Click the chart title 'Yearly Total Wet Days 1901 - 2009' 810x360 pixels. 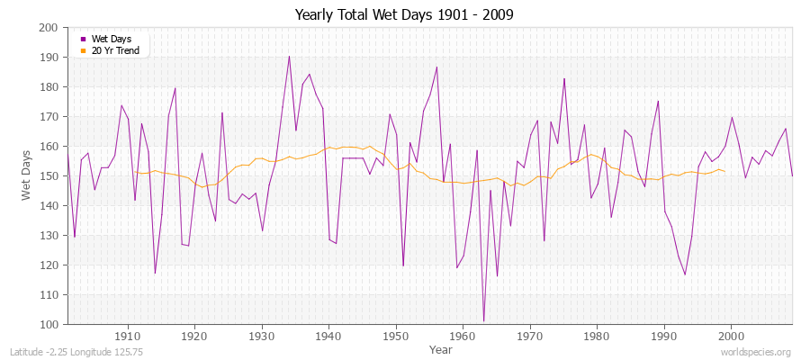(404, 14)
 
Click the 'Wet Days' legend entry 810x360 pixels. (111, 39)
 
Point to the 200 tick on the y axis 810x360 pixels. (49, 28)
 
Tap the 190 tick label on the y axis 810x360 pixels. (49, 58)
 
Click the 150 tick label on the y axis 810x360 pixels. (49, 176)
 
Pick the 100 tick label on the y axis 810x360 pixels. (49, 325)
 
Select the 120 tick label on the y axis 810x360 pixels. (49, 265)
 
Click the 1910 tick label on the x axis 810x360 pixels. (128, 337)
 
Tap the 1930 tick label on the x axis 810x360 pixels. (262, 337)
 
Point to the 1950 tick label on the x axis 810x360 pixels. (396, 337)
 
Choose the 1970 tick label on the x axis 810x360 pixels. (530, 337)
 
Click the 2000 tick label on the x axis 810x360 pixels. (731, 337)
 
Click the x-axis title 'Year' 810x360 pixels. (441, 349)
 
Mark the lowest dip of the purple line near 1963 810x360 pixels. (483, 321)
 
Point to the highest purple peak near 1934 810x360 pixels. (289, 57)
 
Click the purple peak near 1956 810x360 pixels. (436, 67)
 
